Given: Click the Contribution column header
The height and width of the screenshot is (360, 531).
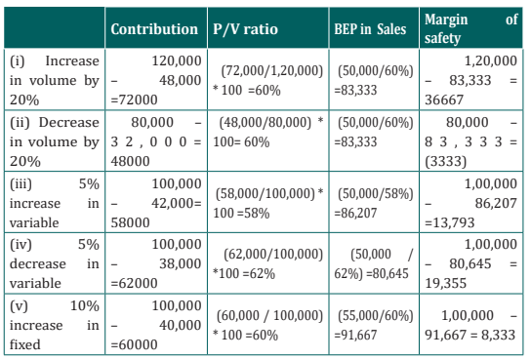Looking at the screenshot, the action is coord(154,29).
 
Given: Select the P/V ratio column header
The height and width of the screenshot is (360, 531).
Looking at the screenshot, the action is coord(245,29).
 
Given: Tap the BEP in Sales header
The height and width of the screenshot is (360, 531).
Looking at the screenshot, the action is coord(370,29).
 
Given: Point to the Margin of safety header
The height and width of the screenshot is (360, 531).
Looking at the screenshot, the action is coord(471,28).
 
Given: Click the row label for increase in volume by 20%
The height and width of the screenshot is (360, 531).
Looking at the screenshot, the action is coord(55,80).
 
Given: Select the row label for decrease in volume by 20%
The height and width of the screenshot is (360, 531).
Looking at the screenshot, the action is coord(55,141).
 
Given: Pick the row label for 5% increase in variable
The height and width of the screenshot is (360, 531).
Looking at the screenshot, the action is coord(55,203).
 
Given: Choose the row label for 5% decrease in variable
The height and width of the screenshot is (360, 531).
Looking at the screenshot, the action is coord(55,263).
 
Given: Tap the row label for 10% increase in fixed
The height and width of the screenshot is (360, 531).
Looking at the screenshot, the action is coord(55,325).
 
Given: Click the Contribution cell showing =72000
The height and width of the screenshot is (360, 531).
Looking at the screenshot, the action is coord(156,80).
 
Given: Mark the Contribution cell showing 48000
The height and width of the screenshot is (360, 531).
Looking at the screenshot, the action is coord(156,141).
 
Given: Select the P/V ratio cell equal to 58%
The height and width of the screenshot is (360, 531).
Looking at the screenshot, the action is coord(267,203).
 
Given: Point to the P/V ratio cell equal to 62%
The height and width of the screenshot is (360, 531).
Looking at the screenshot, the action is coord(267,263).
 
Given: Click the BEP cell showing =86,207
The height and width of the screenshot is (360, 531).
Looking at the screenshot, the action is coord(374,203).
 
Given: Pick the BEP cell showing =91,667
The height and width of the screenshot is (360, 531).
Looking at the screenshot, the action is coord(374,325).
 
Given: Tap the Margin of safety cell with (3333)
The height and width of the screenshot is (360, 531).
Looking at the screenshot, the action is coord(471,141).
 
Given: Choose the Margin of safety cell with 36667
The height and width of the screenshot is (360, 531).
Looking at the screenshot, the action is coord(471,80).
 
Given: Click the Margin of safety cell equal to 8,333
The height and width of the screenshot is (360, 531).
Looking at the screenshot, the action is coord(471,325).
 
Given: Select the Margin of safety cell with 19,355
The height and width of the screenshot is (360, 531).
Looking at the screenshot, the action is coord(471,263).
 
